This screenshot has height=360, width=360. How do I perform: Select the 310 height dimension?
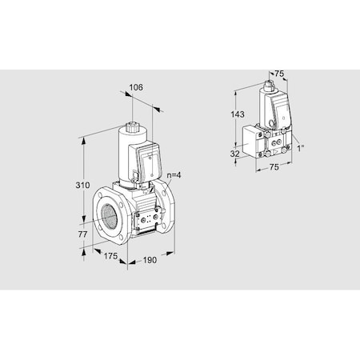click(x=72, y=186)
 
